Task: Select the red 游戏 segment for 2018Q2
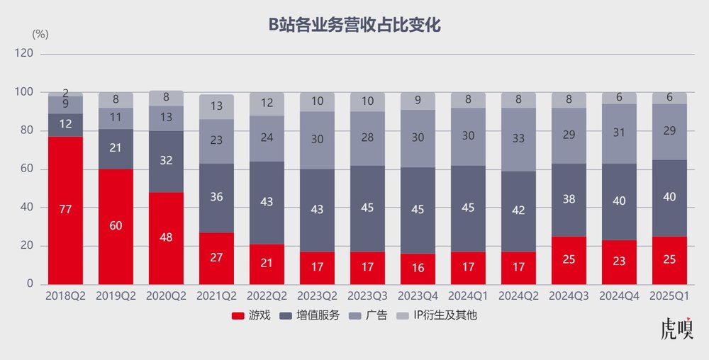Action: pyautogui.click(x=65, y=210)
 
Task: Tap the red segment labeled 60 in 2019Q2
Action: pyautogui.click(x=116, y=226)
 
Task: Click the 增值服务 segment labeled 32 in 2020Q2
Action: pyautogui.click(x=166, y=160)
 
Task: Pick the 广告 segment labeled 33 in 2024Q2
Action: pyautogui.click(x=519, y=139)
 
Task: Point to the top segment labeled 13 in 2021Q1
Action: pyautogui.click(x=217, y=106)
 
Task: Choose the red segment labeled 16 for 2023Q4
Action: pyautogui.click(x=418, y=269)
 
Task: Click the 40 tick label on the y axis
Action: pyautogui.click(x=26, y=208)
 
